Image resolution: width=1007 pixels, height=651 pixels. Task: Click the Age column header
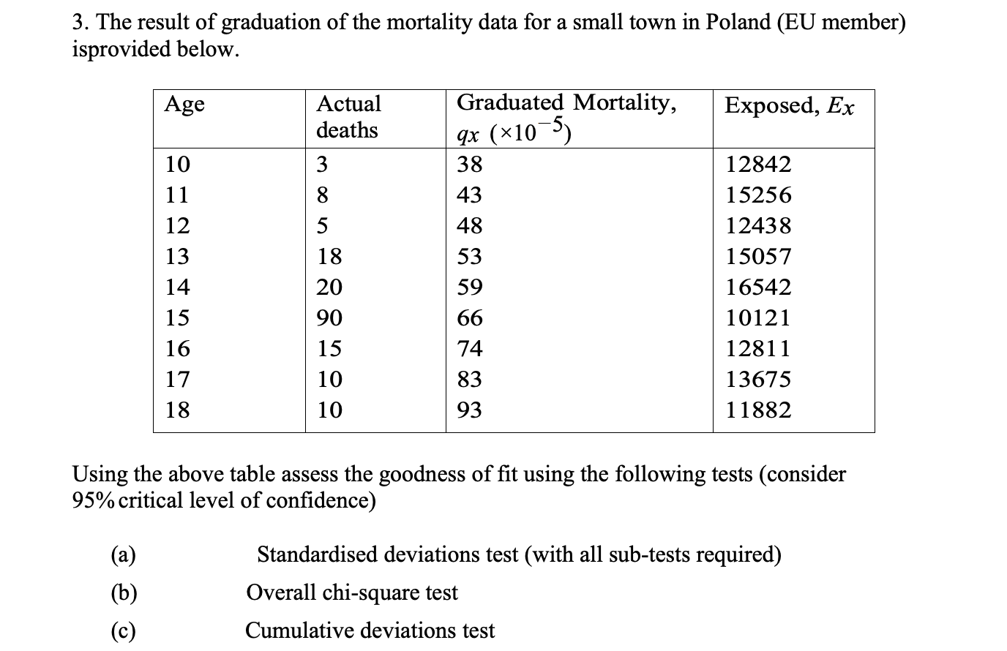point(184,105)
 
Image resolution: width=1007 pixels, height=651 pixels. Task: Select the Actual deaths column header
point(348,116)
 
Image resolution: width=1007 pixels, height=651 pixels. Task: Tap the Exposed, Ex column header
point(789,106)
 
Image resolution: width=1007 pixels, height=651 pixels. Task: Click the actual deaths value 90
point(329,317)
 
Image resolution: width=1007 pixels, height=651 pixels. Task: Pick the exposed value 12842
point(758,164)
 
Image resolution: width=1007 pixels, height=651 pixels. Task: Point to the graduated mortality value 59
point(470,287)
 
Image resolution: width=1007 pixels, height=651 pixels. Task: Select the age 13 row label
point(177,256)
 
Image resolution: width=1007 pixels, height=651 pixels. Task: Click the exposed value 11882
point(758,410)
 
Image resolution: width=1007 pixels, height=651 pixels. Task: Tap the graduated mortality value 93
point(470,410)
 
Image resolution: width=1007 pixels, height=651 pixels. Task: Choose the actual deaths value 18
point(329,256)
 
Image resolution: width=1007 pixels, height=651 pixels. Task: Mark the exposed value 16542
point(758,287)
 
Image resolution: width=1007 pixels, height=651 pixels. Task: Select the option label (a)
point(123,555)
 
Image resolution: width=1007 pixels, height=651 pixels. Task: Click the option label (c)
point(123,631)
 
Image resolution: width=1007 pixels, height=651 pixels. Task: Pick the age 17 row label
point(177,379)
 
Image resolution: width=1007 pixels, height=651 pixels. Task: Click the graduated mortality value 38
point(470,164)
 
